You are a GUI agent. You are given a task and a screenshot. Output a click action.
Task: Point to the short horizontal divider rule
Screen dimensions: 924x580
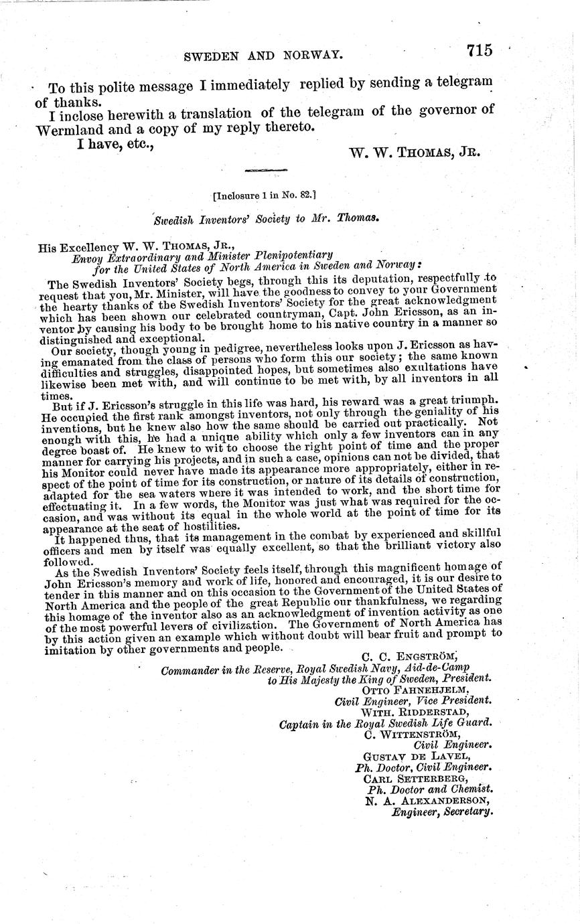tap(262, 171)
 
